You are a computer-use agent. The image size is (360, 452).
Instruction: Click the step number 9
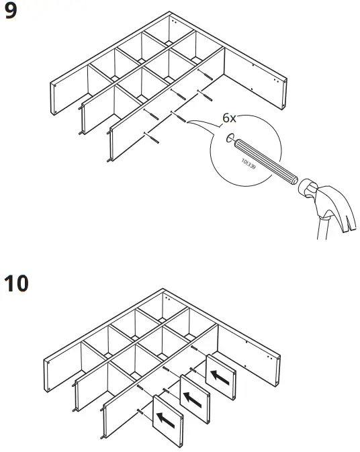pos(11,11)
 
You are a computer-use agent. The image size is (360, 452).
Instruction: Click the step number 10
pos(16,283)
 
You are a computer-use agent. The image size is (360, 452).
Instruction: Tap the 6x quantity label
pos(229,118)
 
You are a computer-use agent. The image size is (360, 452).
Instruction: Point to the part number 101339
pos(249,163)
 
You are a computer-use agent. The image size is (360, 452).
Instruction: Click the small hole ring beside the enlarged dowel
pos(230,138)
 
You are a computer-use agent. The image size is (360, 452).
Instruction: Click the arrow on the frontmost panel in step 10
pos(165,420)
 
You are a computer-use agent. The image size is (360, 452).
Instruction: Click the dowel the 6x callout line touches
pos(181,118)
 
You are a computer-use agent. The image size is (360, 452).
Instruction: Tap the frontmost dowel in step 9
pos(154,139)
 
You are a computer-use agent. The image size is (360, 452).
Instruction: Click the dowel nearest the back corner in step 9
pos(208,75)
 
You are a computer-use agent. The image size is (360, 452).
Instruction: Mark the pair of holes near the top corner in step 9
pos(173,21)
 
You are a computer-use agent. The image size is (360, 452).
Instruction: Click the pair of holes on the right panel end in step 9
pos(276,80)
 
